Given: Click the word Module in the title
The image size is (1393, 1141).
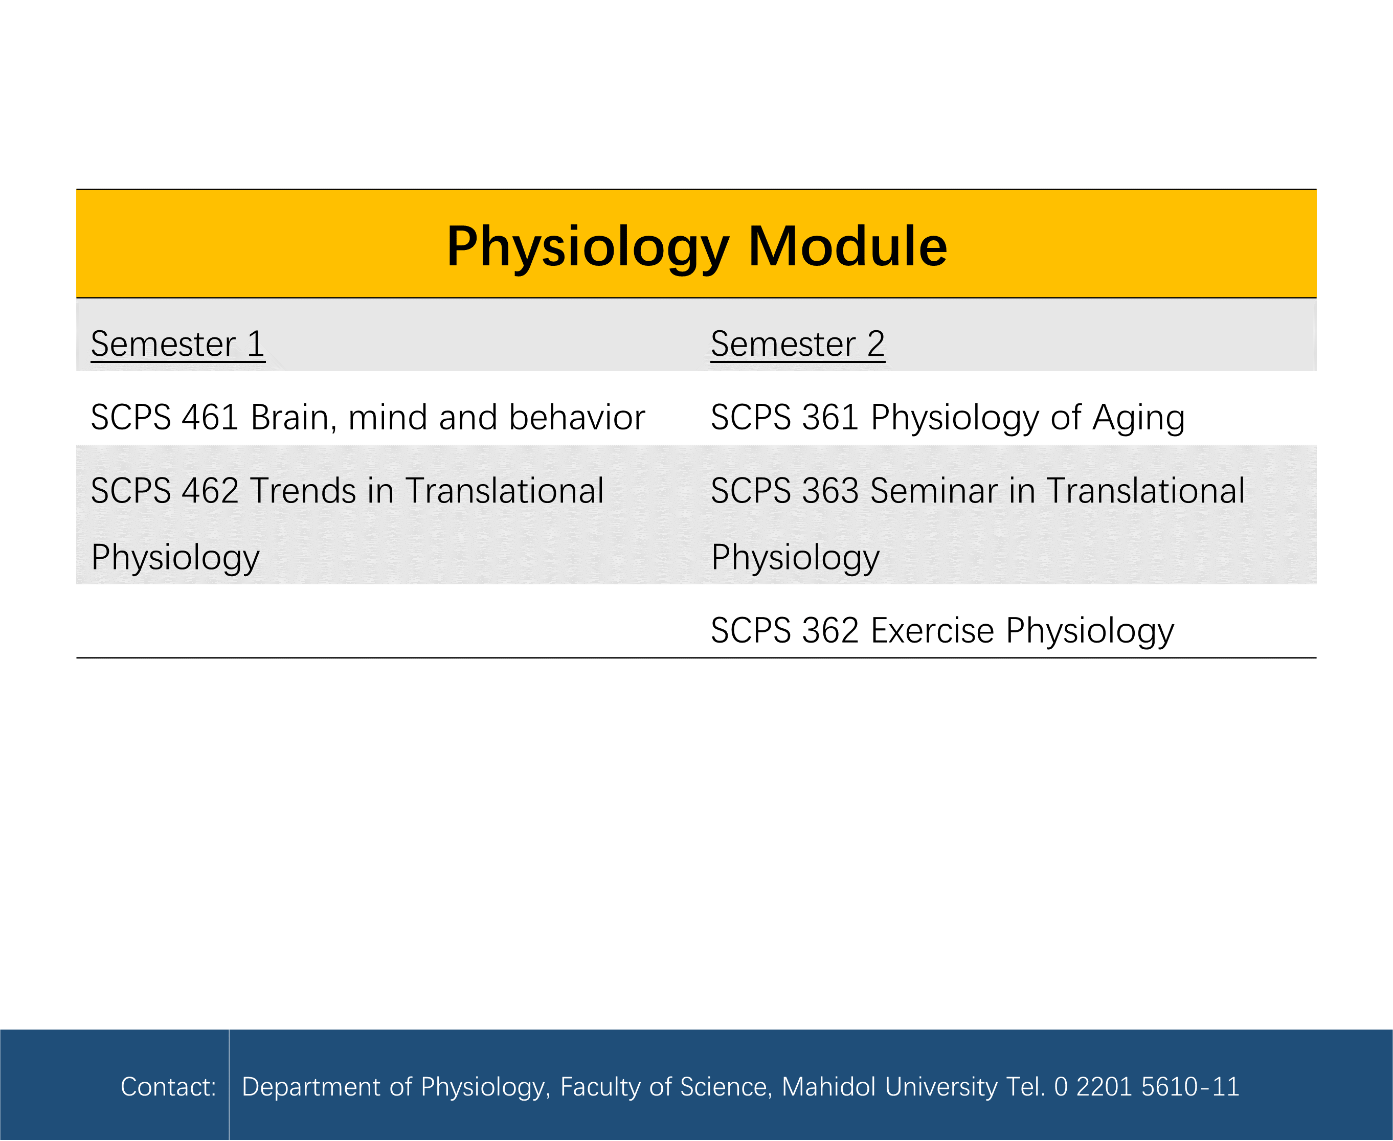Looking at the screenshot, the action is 847,246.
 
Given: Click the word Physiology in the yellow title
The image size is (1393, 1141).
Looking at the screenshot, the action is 588,248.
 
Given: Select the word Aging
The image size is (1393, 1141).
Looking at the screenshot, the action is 1139,419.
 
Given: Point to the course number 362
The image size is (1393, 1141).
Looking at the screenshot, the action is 831,630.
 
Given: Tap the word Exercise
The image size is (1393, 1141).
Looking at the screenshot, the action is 933,630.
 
